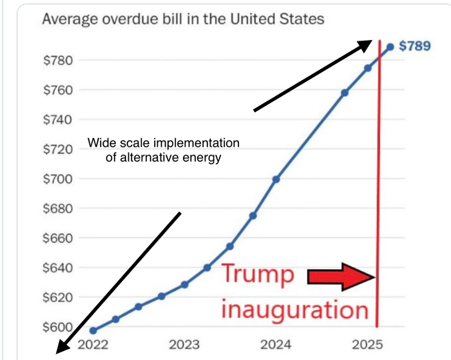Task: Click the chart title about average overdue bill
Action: pyautogui.click(x=183, y=19)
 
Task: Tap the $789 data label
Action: pyautogui.click(x=416, y=46)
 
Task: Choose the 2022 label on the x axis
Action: pyautogui.click(x=93, y=345)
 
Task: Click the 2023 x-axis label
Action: pyautogui.click(x=184, y=345)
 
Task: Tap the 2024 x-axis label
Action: pyautogui.click(x=276, y=345)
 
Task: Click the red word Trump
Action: pyautogui.click(x=258, y=275)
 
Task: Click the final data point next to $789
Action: pyautogui.click(x=390, y=46)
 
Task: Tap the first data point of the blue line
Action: pyautogui.click(x=93, y=330)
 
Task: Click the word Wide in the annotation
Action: pyautogui.click(x=100, y=142)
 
